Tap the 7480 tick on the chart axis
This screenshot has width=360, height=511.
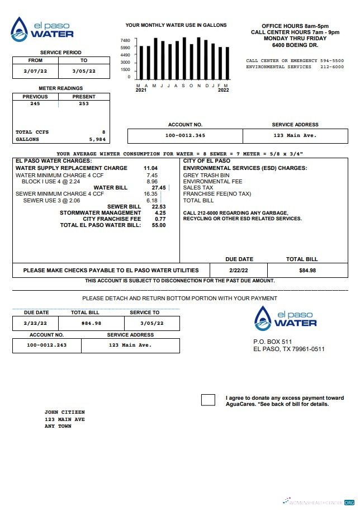coord(125,41)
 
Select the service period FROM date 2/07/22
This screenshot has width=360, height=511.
coord(35,71)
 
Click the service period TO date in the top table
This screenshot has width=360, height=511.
coord(83,71)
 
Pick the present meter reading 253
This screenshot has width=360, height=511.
coord(83,103)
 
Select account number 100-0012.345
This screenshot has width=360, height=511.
coord(185,136)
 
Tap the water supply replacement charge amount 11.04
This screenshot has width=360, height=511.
coord(150,168)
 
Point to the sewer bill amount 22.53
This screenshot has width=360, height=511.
coord(159,207)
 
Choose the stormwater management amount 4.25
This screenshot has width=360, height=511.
coord(160,213)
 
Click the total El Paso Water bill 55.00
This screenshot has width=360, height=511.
coord(159,225)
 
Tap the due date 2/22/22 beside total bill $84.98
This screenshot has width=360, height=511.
coord(239,271)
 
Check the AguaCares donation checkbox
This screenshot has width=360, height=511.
coord(208,400)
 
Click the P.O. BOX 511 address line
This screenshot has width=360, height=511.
coord(272,342)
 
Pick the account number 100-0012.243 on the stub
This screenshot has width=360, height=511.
coord(46,346)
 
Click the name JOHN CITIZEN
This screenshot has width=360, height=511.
coord(64,412)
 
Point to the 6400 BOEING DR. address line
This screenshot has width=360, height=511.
coord(295,45)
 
